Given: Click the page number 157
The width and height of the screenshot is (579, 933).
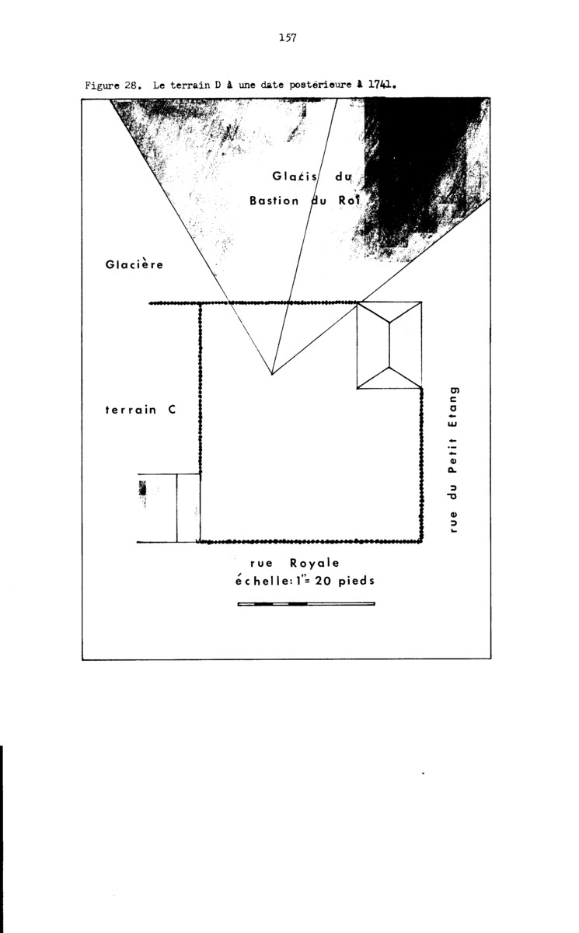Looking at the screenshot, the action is (288, 38).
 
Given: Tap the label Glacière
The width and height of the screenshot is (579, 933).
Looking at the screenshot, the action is (134, 264).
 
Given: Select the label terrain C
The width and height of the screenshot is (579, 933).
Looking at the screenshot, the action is (141, 410).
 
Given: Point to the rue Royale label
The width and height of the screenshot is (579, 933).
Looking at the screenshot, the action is (295, 563).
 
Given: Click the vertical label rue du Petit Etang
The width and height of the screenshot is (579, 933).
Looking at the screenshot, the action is (453, 460).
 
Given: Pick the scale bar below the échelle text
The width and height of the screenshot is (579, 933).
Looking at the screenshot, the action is (306, 603).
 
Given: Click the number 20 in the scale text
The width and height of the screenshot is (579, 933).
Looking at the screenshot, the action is (323, 580).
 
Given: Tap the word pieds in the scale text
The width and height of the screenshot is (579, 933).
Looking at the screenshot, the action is (356, 580).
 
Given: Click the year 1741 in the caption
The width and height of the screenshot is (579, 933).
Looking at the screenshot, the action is (379, 86).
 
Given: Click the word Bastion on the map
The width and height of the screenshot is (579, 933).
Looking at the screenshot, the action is (274, 201).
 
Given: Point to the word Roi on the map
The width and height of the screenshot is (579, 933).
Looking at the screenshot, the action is (349, 201).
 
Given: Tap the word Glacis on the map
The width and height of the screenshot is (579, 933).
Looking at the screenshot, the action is (295, 176).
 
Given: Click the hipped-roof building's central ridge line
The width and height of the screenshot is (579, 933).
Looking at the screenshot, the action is (389, 345).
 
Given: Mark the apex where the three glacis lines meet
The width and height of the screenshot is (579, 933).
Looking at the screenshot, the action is (272, 374).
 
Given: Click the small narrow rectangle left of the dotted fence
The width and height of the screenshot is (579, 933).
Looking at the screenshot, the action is (189, 508).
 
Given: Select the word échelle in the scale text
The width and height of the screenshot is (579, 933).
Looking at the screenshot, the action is (262, 580).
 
